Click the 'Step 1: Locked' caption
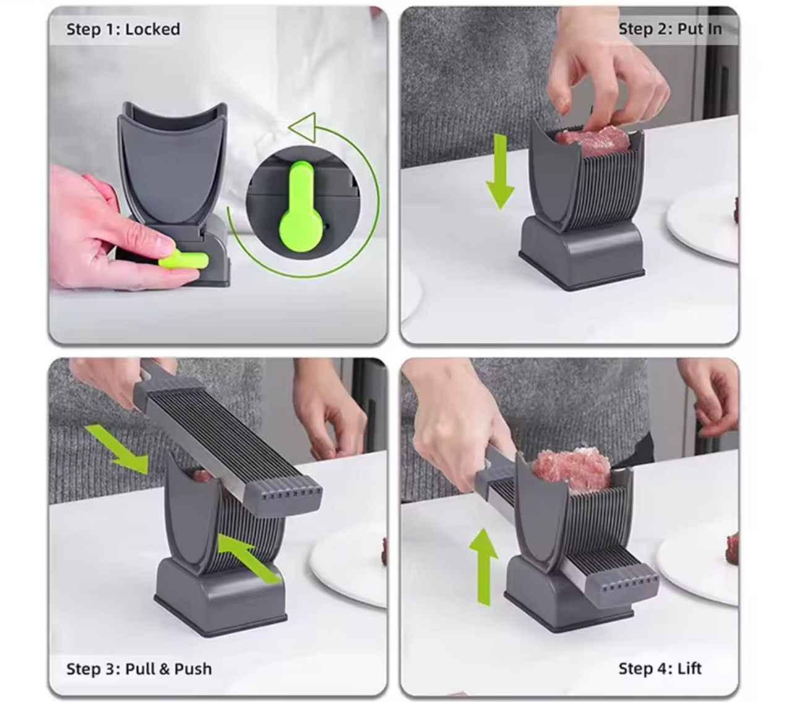tap(123, 29)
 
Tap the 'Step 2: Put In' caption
tap(669, 29)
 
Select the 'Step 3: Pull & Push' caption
tap(139, 669)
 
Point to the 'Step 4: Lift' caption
tap(660, 669)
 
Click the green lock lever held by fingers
tap(183, 260)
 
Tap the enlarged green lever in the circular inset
tap(301, 210)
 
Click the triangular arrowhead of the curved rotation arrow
tap(304, 127)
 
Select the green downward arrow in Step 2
tap(501, 171)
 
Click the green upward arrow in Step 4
tap(484, 567)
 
